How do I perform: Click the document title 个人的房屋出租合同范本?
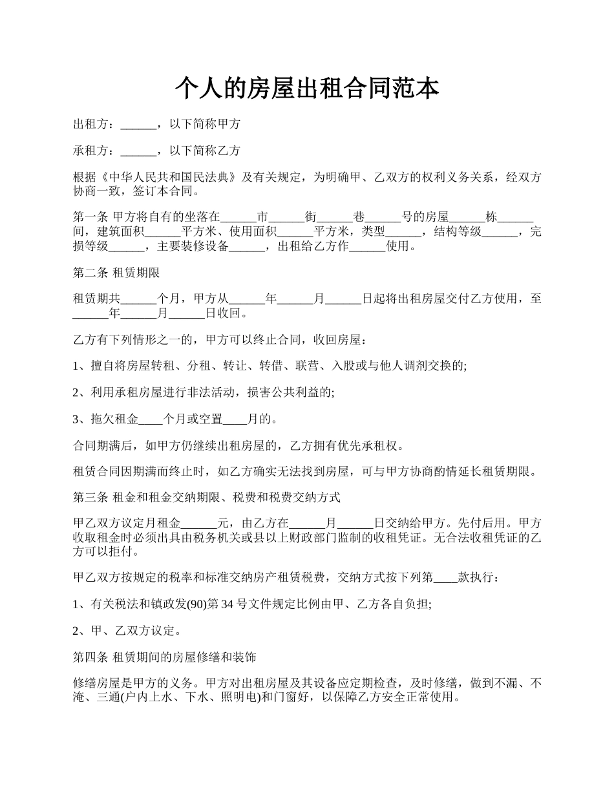[307, 89]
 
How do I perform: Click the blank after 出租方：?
[138, 124]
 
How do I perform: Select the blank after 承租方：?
[138, 151]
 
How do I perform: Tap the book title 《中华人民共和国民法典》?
[171, 178]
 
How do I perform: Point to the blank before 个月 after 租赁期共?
[138, 299]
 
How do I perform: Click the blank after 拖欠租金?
[151, 419]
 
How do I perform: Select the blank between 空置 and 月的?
[235, 419]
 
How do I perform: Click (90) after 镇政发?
[197, 604]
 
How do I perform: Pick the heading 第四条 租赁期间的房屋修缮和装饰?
[165, 657]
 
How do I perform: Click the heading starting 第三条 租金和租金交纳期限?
[207, 498]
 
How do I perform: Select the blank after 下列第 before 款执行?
[445, 577]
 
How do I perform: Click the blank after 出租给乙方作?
[367, 247]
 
